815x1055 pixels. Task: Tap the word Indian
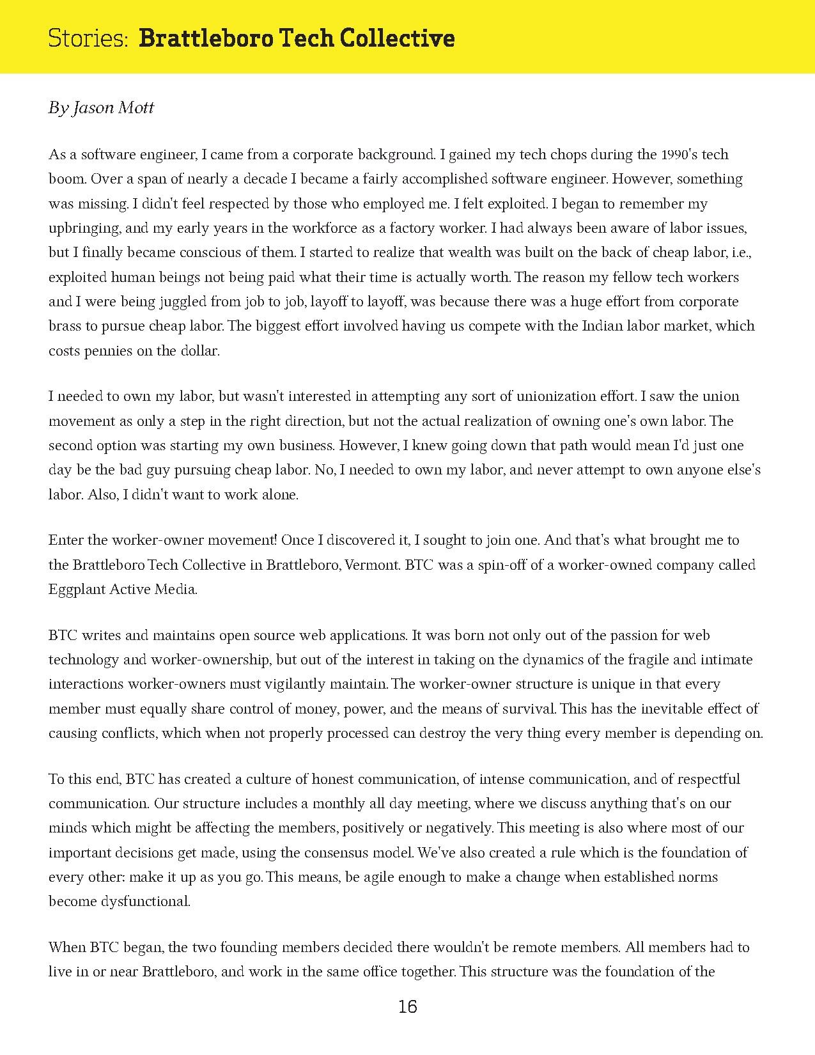coord(605,326)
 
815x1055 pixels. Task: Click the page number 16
coord(407,1008)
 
